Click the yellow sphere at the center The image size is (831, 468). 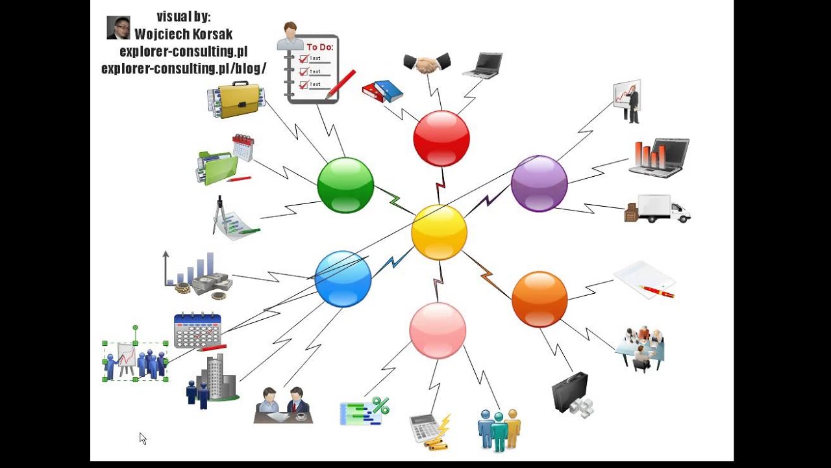pos(439,232)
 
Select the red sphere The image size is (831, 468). pos(441,138)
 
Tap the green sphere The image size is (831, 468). pos(345,185)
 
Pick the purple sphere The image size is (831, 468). pos(539,184)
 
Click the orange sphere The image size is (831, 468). pos(540,299)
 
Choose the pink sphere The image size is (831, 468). pos(438,330)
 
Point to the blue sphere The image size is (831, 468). pos(343,278)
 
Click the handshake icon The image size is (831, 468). pos(427,63)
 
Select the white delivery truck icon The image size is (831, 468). pos(658,209)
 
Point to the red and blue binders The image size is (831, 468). pos(382,91)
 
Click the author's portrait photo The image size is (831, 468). pos(118,28)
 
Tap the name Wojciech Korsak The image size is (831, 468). pos(183,34)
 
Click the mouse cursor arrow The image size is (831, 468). pos(142,438)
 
